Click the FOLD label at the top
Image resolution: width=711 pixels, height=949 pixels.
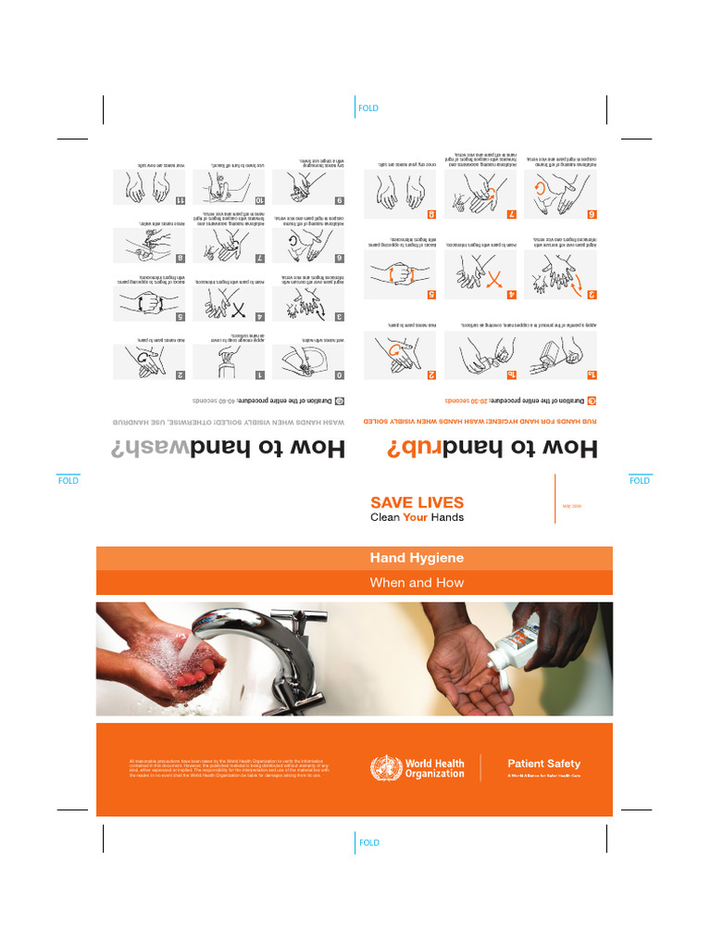click(368, 108)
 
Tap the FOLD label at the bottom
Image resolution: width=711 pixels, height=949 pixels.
click(368, 842)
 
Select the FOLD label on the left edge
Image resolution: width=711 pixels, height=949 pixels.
click(69, 482)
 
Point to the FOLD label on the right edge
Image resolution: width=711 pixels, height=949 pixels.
click(639, 481)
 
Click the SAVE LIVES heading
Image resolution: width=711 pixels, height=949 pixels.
click(417, 502)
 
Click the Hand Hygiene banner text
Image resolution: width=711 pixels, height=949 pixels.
click(417, 558)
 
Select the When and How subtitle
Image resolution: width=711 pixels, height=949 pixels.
click(417, 583)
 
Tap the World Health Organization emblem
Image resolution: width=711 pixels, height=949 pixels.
click(386, 767)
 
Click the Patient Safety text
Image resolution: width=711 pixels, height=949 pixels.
click(543, 764)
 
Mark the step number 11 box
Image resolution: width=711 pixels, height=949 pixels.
click(182, 200)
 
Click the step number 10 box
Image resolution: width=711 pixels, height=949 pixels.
click(260, 200)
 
